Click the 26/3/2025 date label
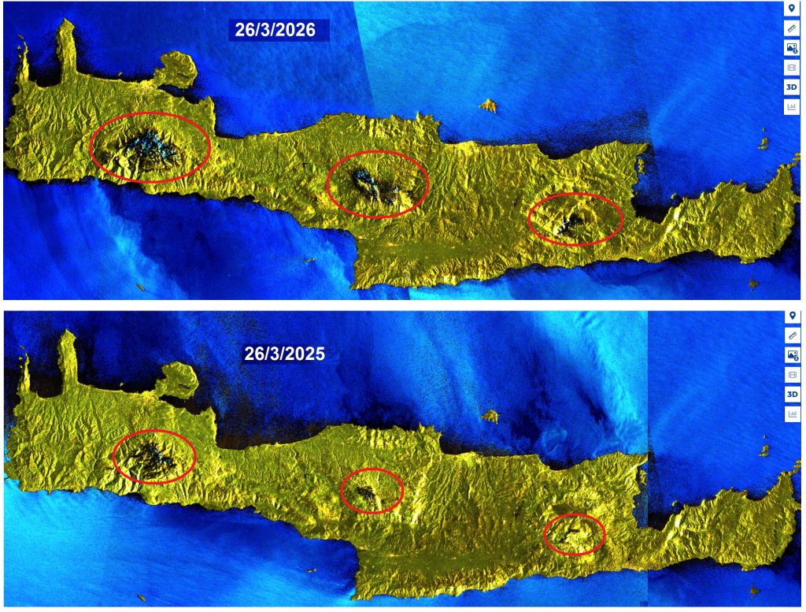(283, 354)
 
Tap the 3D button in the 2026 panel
(791, 86)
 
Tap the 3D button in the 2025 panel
(791, 394)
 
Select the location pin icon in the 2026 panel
(791, 8)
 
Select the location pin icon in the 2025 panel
(791, 316)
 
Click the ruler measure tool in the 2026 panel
(791, 28)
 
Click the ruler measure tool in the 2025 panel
(791, 336)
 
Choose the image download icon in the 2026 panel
(791, 47)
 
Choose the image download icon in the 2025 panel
(791, 355)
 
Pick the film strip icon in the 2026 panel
(791, 67)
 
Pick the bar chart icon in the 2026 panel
(791, 106)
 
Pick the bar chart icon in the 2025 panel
(791, 414)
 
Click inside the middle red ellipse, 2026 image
(377, 183)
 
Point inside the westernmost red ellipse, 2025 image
(154, 457)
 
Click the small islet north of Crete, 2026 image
(489, 105)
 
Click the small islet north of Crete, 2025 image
(490, 415)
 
